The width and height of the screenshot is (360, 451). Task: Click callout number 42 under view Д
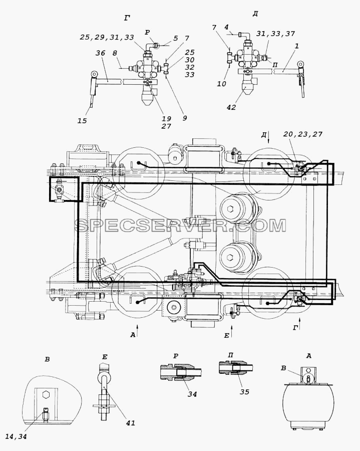(x=231, y=107)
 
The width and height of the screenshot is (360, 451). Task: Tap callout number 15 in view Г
(x=82, y=120)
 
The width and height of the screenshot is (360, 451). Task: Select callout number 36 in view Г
(x=100, y=53)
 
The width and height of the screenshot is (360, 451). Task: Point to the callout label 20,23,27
(x=303, y=134)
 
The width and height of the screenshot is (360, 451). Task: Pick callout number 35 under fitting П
(x=244, y=392)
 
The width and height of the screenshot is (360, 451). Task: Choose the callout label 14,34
(x=16, y=436)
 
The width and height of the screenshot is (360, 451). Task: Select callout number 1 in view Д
(x=297, y=46)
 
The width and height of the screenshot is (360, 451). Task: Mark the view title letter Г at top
(x=127, y=18)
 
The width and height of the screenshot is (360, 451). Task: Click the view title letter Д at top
(x=255, y=14)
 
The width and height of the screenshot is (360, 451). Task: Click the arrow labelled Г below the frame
(x=299, y=324)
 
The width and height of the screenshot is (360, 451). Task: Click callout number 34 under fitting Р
(x=192, y=394)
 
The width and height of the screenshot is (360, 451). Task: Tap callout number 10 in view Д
(x=222, y=84)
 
